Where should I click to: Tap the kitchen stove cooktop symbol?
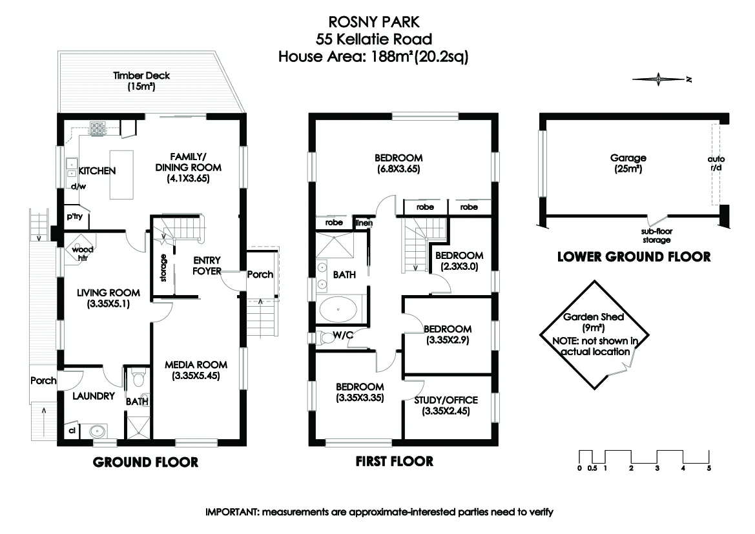98,128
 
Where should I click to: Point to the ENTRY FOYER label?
207,265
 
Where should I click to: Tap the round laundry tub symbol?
98,431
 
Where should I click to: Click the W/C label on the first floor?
343,334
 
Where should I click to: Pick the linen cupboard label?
364,223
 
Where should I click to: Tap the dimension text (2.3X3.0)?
459,265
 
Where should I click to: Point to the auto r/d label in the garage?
716,163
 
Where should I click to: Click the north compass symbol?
660,80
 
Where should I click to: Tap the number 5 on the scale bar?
708,468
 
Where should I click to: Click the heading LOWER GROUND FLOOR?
634,257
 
